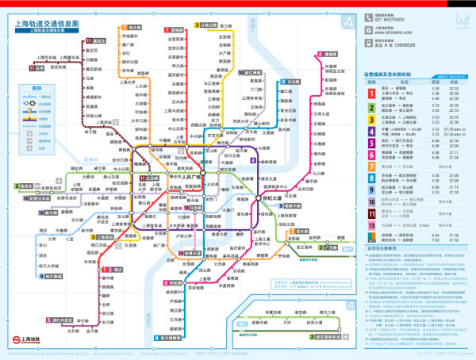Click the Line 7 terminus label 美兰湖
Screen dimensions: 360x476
click(134, 27)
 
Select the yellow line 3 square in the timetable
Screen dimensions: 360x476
click(370, 117)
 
